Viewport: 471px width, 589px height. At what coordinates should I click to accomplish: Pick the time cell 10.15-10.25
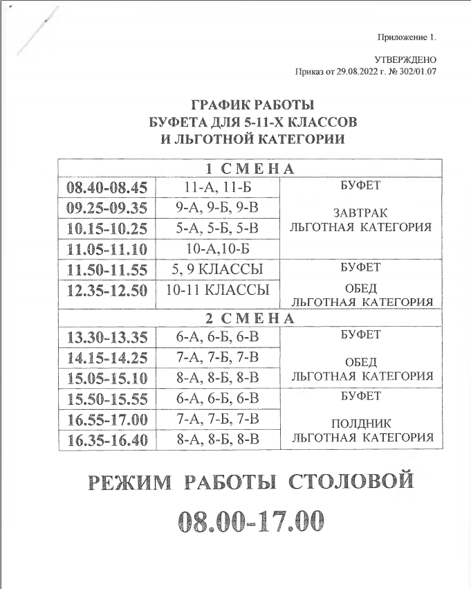107,228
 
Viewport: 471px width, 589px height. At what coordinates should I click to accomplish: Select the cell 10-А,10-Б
218,248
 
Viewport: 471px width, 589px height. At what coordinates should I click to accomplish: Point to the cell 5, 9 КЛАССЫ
218,269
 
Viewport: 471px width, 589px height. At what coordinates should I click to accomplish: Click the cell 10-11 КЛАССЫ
218,290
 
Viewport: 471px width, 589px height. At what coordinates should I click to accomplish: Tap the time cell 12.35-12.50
107,290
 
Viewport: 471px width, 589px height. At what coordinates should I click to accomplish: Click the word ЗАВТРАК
360,212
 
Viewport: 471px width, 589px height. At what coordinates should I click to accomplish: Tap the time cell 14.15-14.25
107,358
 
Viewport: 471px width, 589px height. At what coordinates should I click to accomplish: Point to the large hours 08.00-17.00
250,520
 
